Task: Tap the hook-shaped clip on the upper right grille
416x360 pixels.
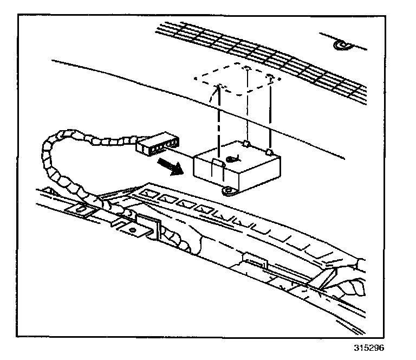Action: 341,44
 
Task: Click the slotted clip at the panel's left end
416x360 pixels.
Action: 80,209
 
